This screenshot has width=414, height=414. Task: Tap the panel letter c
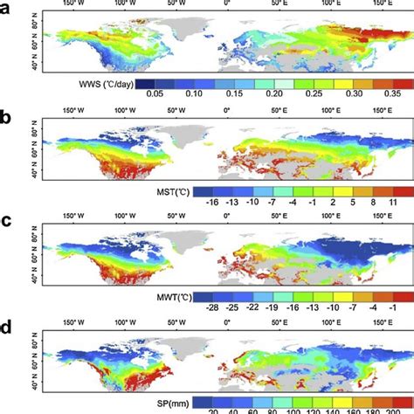(8, 217)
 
